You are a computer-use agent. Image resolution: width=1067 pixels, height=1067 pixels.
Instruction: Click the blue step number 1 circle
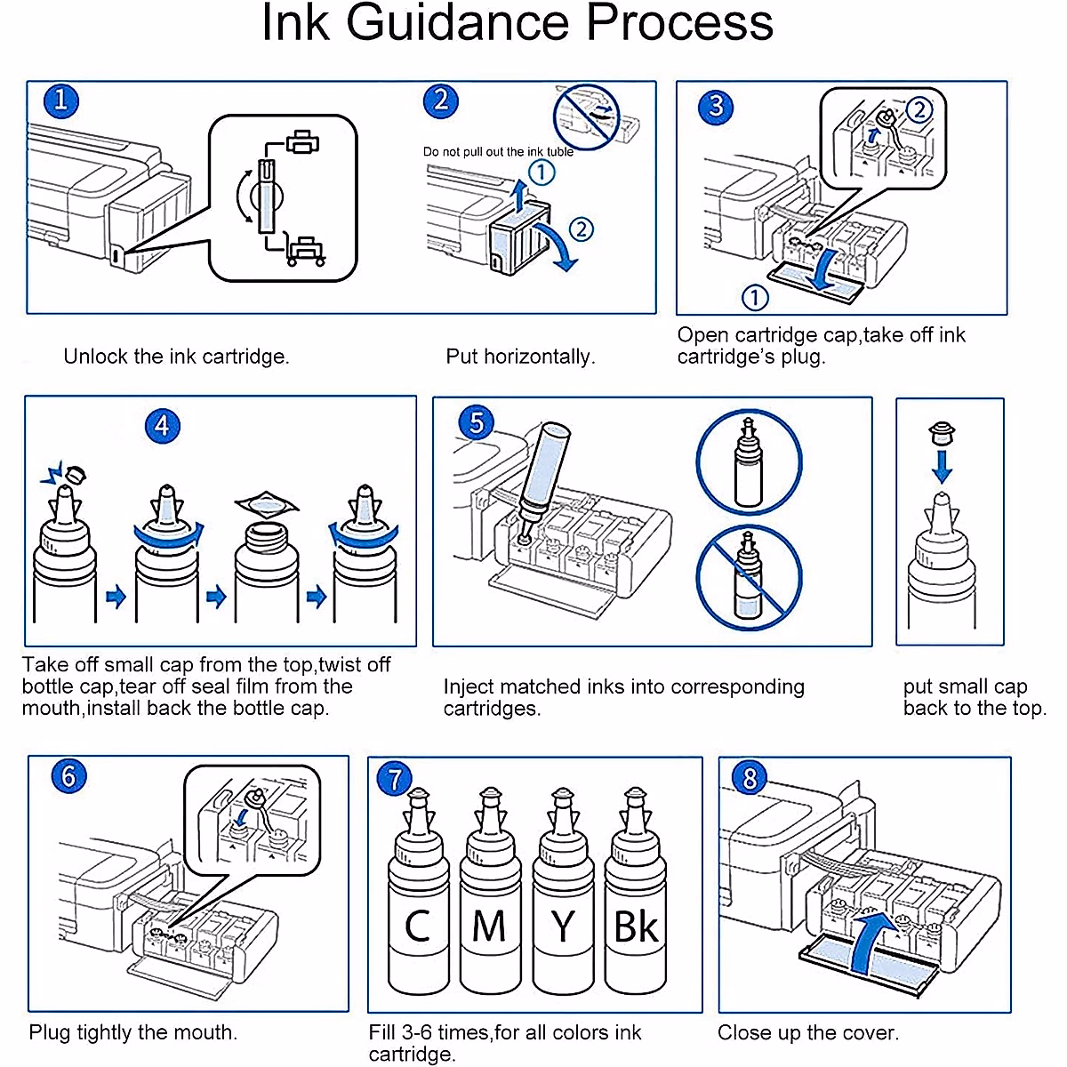(60, 100)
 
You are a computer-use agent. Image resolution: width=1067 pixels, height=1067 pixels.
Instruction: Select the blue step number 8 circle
(750, 779)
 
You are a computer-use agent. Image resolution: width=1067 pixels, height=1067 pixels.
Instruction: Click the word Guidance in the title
(463, 24)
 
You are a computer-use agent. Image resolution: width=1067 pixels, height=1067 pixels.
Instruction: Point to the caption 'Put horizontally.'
(520, 357)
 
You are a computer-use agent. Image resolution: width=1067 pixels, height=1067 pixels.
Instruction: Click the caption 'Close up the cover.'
(808, 1033)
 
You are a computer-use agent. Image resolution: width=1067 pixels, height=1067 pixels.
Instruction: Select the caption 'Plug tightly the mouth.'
(133, 1033)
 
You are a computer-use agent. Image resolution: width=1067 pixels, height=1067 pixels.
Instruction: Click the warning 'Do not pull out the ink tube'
(498, 152)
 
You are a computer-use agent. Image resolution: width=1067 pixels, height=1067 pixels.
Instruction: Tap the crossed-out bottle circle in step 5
(749, 575)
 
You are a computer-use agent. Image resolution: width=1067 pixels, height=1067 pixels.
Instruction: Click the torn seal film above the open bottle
(265, 504)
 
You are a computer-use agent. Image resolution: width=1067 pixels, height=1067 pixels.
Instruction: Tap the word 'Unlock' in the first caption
(96, 357)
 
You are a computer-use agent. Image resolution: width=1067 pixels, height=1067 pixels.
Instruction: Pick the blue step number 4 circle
(162, 426)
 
